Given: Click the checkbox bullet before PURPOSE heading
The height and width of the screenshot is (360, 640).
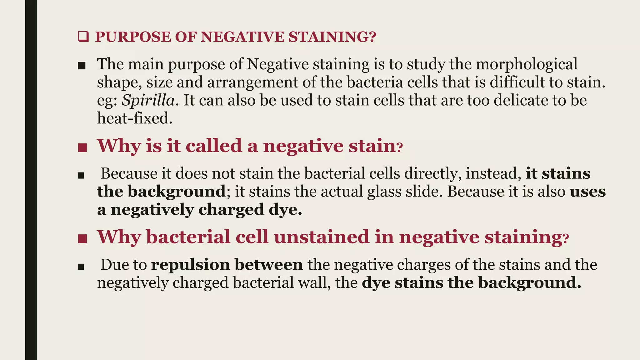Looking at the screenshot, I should (83, 37).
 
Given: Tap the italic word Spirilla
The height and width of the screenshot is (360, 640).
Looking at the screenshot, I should (148, 101).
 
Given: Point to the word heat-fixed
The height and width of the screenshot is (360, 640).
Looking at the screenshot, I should (135, 118).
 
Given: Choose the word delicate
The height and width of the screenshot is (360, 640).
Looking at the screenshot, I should (520, 101).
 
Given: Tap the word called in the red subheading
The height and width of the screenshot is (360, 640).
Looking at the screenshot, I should (214, 146).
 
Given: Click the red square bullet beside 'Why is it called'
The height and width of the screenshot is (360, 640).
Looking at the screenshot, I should (82, 148).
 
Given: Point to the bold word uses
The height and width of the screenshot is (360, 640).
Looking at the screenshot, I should (588, 192).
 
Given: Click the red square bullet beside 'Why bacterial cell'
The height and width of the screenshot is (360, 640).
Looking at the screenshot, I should (82, 239).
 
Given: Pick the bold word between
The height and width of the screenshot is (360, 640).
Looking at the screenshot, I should (269, 265).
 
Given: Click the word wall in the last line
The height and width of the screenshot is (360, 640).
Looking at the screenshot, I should (314, 283).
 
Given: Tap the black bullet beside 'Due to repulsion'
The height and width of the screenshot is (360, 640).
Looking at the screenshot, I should (81, 267).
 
